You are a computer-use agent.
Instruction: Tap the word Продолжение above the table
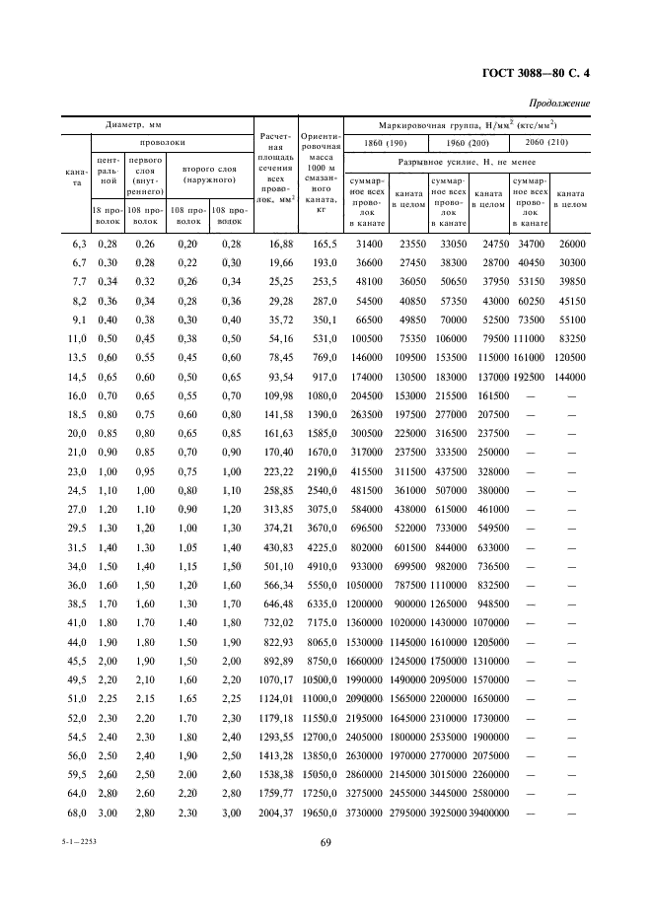559,104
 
